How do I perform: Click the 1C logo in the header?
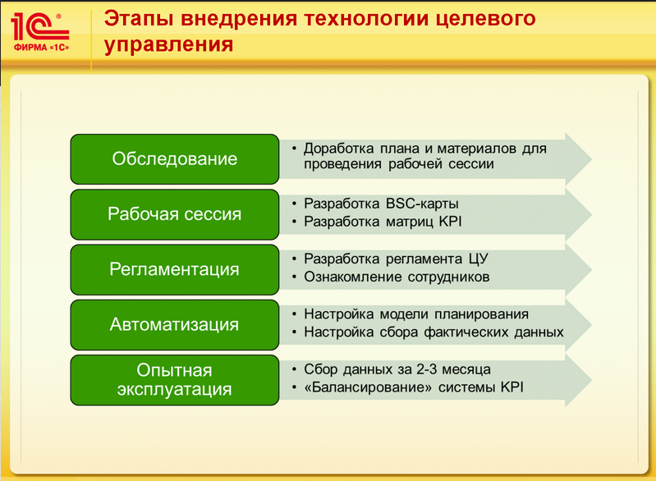[x=39, y=31]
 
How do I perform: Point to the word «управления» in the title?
[x=168, y=44]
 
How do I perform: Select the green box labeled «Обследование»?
[x=174, y=159]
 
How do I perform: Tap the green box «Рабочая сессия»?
[x=174, y=214]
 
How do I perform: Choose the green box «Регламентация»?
[x=174, y=269]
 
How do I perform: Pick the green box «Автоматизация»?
[x=174, y=324]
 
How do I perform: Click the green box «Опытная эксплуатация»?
[x=174, y=380]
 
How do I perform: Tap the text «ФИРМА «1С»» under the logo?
[x=41, y=48]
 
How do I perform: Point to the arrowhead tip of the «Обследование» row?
[x=591, y=159]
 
